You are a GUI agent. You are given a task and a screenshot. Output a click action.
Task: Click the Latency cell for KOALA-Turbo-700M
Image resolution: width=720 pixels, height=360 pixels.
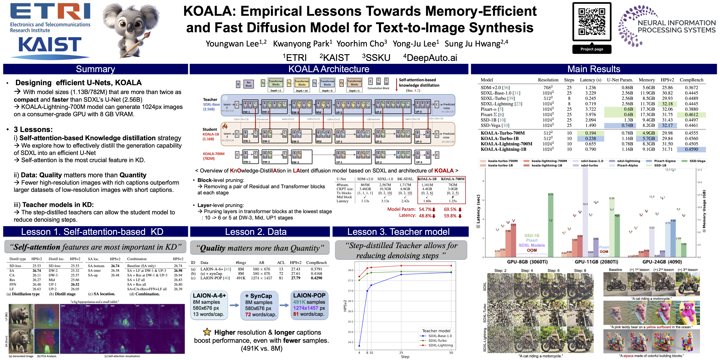590,133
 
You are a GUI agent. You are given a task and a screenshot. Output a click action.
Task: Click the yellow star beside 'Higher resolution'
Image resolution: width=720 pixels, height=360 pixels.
207,332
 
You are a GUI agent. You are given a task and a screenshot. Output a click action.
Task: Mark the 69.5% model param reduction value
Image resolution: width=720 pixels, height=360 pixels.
450,209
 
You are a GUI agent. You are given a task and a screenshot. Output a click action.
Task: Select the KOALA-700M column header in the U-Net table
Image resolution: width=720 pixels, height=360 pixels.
453,179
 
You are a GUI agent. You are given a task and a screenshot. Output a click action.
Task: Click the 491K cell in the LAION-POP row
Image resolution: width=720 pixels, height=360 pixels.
241,278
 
